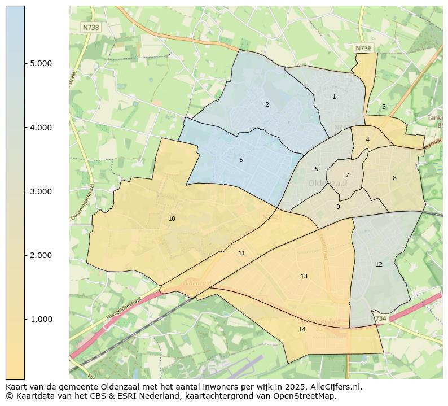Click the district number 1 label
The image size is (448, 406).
[x=334, y=97]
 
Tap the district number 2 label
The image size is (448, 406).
[x=267, y=104]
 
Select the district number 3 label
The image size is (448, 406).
[x=384, y=107]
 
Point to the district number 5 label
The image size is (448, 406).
[x=241, y=160]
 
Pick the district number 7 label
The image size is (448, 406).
[x=347, y=175]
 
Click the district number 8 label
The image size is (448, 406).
[x=394, y=178]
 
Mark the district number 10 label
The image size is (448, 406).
[x=172, y=219]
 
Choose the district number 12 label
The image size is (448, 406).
[x=379, y=264]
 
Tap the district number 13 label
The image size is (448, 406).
[x=304, y=276]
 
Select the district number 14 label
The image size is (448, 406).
[x=302, y=329]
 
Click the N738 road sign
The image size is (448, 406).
[x=90, y=27]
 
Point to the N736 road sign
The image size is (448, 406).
[x=363, y=49]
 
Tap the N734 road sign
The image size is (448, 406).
[x=380, y=318]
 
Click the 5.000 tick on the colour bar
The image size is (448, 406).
[x=41, y=63]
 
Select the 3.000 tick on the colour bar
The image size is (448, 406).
[x=41, y=191]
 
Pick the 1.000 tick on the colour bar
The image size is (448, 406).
[x=41, y=319]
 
